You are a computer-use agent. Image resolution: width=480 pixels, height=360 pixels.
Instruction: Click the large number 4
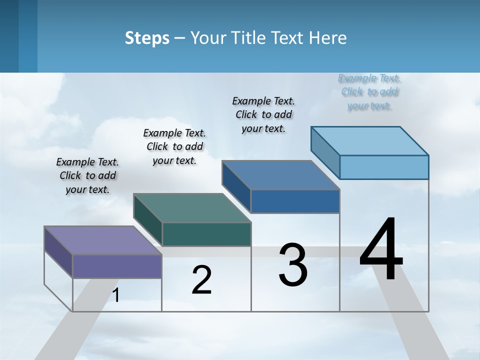point(381,250)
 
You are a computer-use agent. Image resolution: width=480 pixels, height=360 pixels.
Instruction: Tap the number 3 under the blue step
point(293,265)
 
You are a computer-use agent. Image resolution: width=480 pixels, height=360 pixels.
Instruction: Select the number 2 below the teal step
point(201,280)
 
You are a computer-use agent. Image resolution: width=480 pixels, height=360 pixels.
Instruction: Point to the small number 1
point(115,295)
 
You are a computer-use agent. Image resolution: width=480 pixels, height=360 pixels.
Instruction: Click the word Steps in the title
point(147,38)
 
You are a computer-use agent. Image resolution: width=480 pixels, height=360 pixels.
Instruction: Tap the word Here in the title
point(328,38)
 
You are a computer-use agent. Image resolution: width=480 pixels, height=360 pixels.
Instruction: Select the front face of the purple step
point(117,266)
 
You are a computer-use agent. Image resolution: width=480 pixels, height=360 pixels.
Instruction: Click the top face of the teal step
point(192,207)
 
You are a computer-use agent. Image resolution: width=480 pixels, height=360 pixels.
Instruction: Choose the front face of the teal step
point(206,234)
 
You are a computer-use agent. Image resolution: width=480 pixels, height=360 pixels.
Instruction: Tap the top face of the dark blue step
point(281,174)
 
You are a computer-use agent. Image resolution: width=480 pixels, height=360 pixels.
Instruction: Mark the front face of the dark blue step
point(295,201)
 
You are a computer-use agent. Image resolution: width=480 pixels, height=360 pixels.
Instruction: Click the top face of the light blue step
point(370,140)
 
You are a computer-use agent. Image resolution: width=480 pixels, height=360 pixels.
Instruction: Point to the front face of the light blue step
point(384,167)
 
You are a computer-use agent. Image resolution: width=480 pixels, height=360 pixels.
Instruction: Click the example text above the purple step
point(87,175)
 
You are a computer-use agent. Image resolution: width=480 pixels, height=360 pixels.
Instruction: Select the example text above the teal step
point(174,146)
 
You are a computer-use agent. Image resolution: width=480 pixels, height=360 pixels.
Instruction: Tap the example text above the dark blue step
point(263,114)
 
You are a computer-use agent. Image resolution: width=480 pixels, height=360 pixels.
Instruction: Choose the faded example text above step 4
point(369,91)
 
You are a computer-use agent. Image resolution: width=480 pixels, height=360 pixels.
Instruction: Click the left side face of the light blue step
point(325,148)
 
